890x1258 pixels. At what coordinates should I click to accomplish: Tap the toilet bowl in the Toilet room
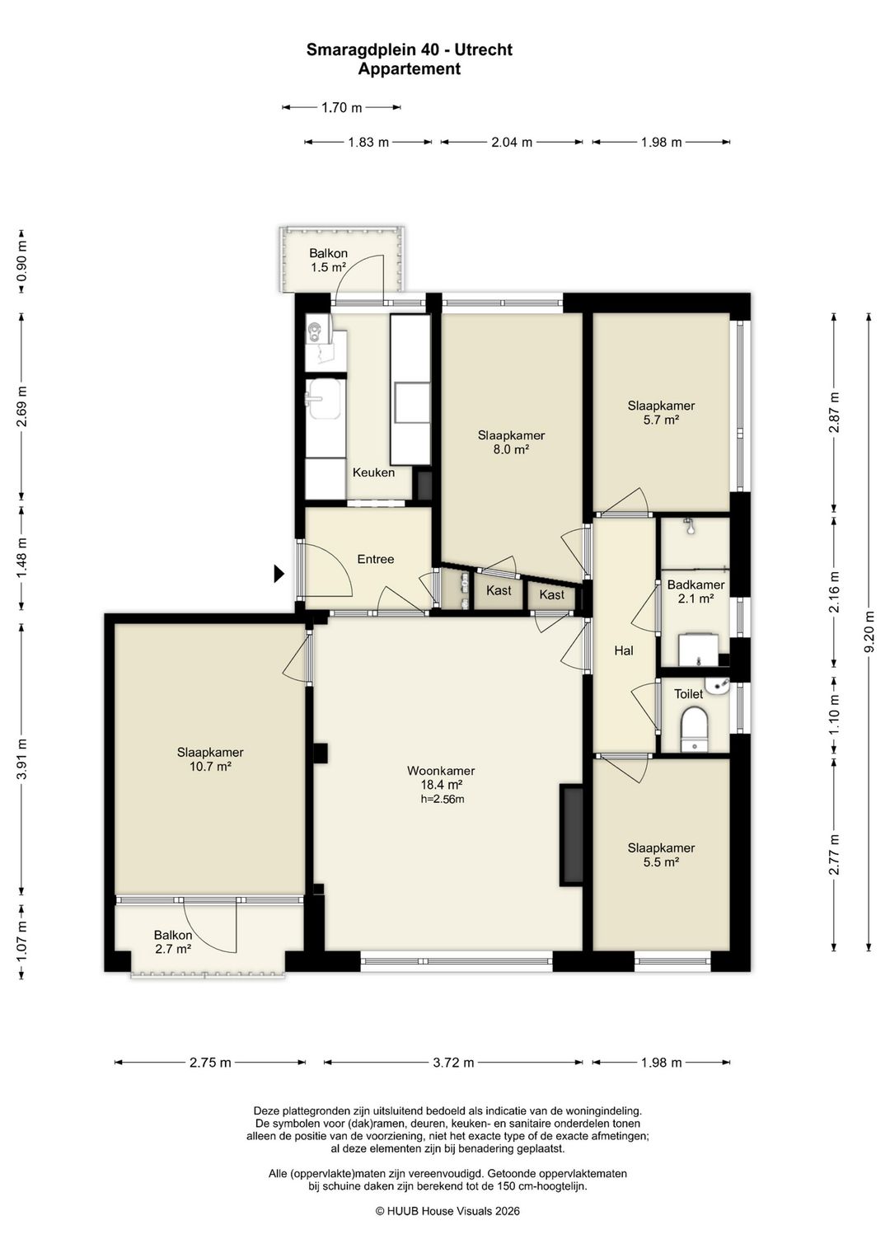tap(696, 729)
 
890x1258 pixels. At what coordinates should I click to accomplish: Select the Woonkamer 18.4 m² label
tap(441, 778)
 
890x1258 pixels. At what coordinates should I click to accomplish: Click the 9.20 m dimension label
tap(869, 631)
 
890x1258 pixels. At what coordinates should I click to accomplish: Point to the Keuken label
tap(373, 472)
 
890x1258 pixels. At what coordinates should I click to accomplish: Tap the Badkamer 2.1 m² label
tap(696, 591)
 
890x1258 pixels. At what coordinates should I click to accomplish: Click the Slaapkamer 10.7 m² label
tap(210, 758)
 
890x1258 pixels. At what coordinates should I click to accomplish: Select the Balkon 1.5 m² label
tap(329, 260)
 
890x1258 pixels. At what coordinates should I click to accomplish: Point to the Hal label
tap(624, 650)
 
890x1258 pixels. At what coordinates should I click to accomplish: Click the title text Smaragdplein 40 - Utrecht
tap(410, 50)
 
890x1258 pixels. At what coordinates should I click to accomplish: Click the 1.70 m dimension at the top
tap(341, 107)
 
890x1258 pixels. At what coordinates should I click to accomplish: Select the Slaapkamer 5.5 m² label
tap(661, 854)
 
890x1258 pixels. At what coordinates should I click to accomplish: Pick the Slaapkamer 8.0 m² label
tap(511, 442)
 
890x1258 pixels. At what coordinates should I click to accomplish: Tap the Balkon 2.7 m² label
tap(173, 941)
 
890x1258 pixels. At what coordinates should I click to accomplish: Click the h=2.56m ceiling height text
tap(443, 799)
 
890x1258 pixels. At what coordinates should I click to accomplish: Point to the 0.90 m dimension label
tap(21, 261)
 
